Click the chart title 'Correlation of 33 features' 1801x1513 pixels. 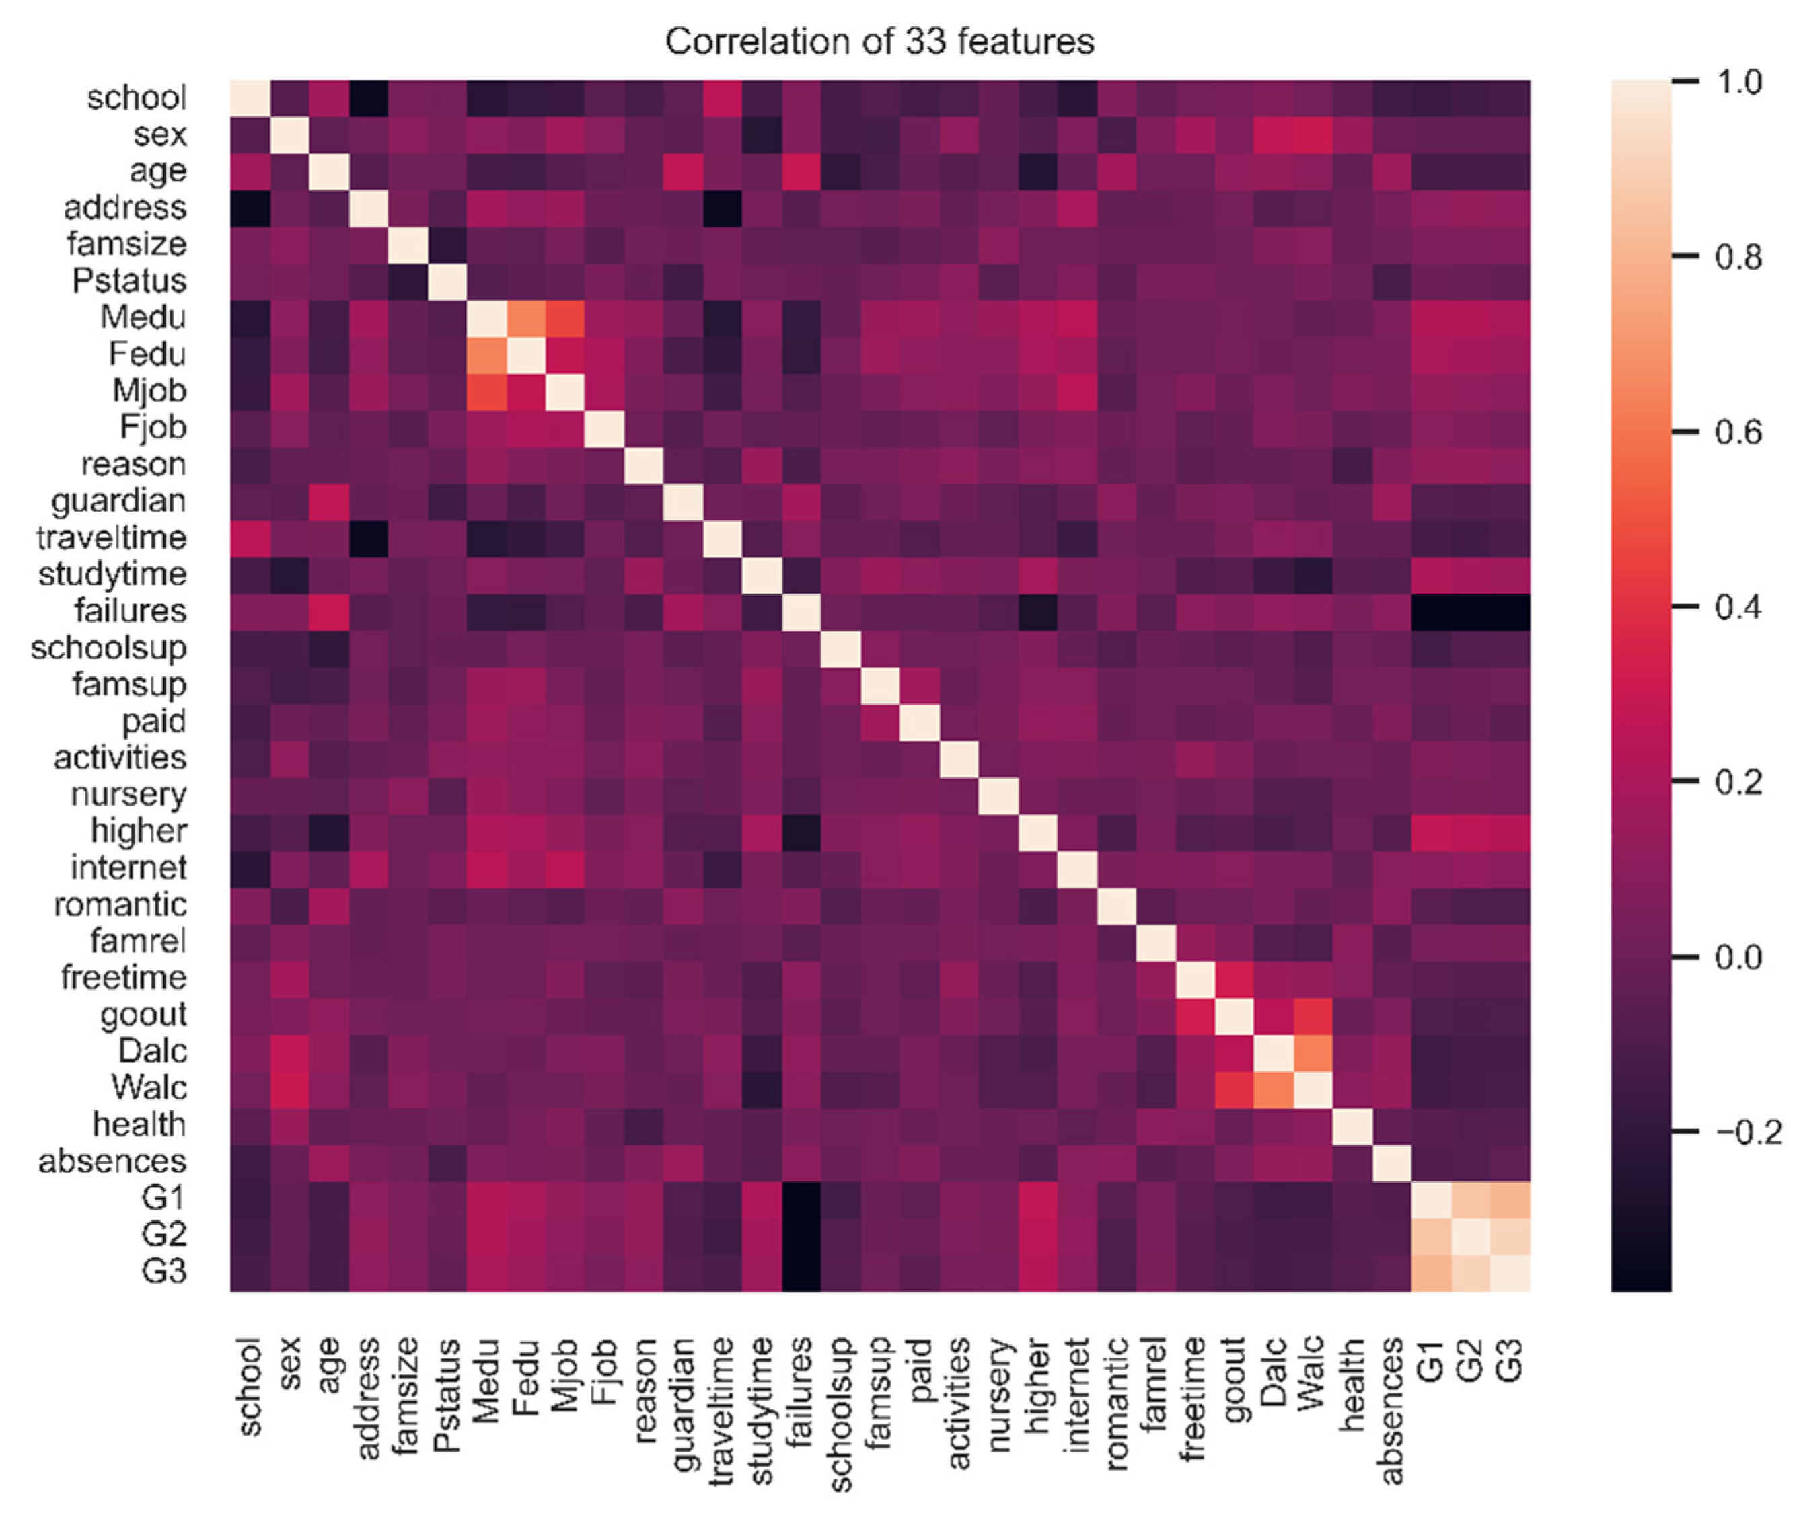(879, 41)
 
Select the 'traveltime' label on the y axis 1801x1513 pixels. (112, 538)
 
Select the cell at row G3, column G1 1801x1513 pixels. (1431, 1271)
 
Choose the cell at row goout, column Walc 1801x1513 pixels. (1313, 1015)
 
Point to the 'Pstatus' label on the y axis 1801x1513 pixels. (128, 281)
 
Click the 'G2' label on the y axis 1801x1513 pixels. (164, 1234)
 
